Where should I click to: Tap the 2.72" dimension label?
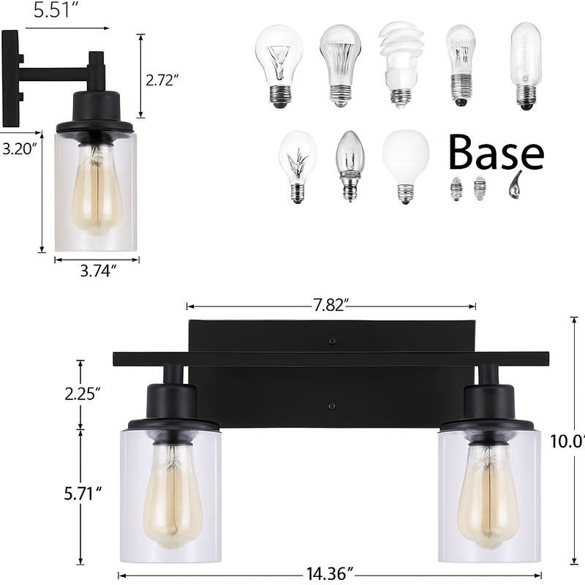tap(162, 80)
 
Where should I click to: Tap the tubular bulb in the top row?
tap(524, 64)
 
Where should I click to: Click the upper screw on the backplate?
tap(333, 341)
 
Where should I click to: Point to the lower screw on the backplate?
tap(333, 406)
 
